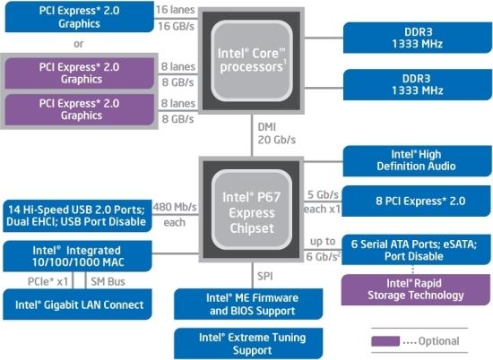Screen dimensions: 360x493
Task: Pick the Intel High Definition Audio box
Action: (x=411, y=160)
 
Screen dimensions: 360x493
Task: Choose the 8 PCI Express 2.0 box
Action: (x=413, y=201)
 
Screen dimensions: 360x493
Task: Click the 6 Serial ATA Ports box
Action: (x=413, y=248)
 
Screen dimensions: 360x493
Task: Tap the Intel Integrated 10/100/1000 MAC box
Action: (x=76, y=255)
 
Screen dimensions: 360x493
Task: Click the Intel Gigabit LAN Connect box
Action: (x=76, y=305)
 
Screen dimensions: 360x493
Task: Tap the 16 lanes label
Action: (x=175, y=10)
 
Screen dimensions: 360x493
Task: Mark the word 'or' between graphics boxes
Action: (x=80, y=42)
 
